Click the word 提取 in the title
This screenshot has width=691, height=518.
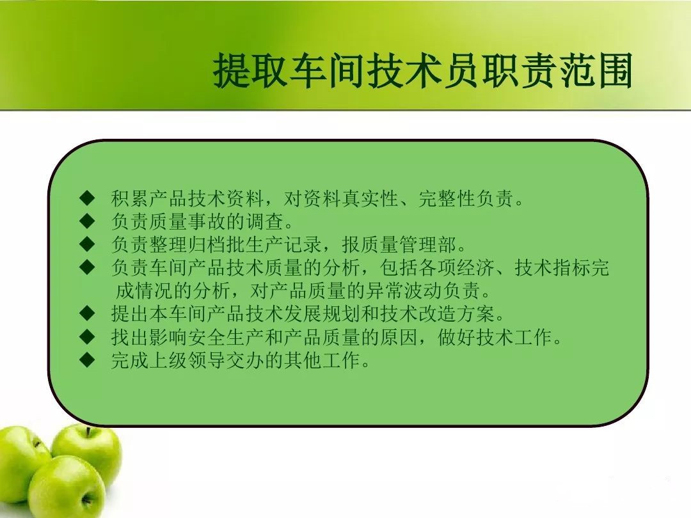click(250, 70)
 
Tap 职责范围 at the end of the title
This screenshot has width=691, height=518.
click(557, 70)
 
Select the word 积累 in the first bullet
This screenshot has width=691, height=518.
click(129, 198)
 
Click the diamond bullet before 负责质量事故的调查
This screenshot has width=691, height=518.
click(88, 221)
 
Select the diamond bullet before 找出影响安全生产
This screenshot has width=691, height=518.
click(88, 336)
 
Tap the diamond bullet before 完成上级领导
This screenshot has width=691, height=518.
click(88, 360)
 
